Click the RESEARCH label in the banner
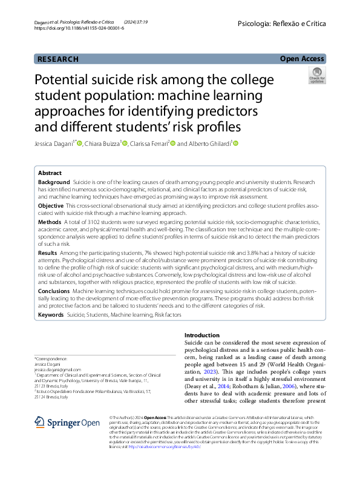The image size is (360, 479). tap(57, 59)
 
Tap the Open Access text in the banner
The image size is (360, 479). tap(302, 59)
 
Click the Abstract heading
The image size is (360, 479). tap(50, 173)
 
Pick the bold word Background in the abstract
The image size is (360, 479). tap(53, 182)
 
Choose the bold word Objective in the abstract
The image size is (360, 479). tap(50, 206)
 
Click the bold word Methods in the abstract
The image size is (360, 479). tap(50, 223)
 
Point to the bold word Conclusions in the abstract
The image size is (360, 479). tap(54, 291)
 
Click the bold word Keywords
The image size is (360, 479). tap(51, 315)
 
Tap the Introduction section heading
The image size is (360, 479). tap(201, 335)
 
